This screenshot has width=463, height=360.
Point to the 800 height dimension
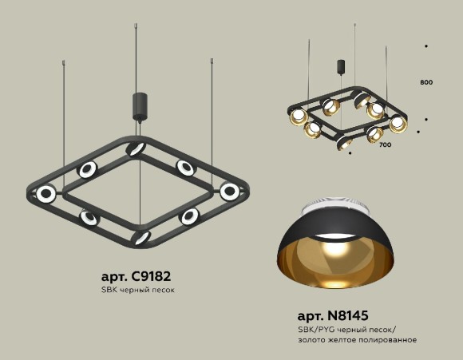pyautogui.click(x=425, y=82)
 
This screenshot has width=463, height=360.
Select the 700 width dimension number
pyautogui.click(x=385, y=145)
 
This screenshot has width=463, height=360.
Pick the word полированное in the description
pyautogui.click(x=390, y=340)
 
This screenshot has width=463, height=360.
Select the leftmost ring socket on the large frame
pyautogui.click(x=48, y=193)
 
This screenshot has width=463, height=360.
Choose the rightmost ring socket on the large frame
pyautogui.click(x=230, y=192)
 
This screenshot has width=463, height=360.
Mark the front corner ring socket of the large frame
pyautogui.click(x=140, y=237)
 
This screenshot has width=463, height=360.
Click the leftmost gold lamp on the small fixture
pyautogui.click(x=299, y=117)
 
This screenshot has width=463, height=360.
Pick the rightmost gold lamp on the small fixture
pyautogui.click(x=398, y=123)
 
